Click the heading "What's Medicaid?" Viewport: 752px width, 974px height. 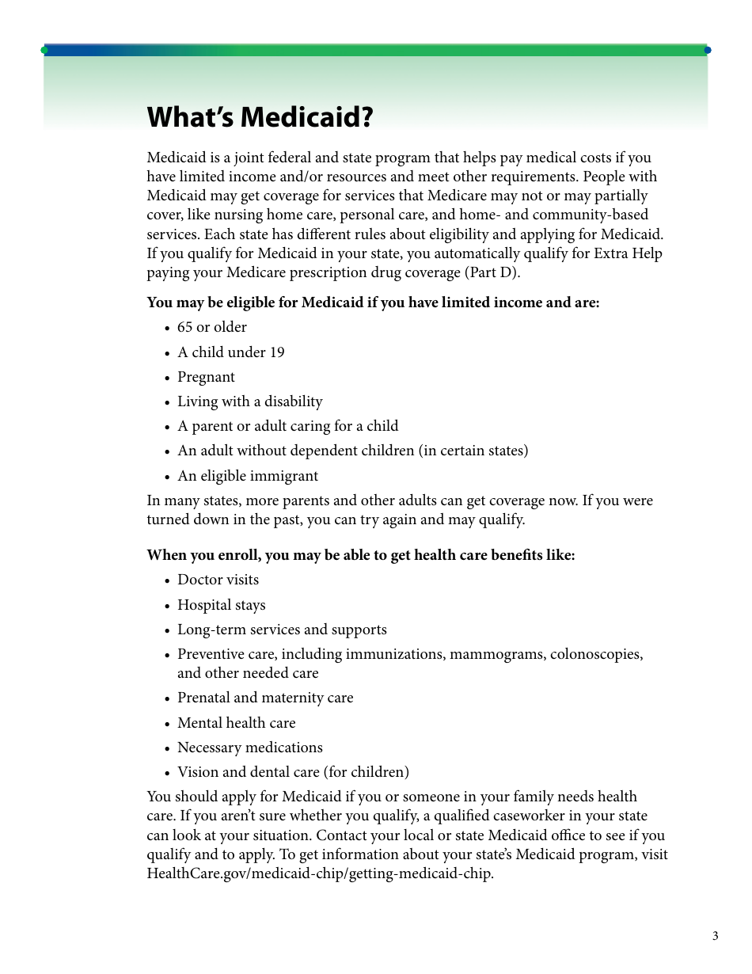tap(260, 118)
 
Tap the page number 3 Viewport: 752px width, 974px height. tap(715, 937)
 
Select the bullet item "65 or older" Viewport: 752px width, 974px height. tap(211, 327)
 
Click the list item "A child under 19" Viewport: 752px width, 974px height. tap(230, 352)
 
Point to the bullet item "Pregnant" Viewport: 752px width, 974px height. tap(206, 377)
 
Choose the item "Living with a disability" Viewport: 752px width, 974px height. tap(249, 401)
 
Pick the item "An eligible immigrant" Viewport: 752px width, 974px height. tap(247, 476)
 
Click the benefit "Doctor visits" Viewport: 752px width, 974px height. tap(218, 580)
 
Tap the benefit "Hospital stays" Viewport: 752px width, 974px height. tap(221, 605)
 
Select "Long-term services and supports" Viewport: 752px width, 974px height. tap(282, 630)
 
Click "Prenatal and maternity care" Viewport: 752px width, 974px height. tap(265, 698)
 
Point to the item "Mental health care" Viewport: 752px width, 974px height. tap(236, 723)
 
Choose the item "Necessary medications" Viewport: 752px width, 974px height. tap(249, 748)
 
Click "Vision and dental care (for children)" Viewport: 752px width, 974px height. tap(293, 772)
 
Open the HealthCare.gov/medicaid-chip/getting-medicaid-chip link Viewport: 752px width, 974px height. tap(319, 873)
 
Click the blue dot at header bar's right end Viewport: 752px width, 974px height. tap(708, 50)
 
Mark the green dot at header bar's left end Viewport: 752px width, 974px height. tap(44, 50)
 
